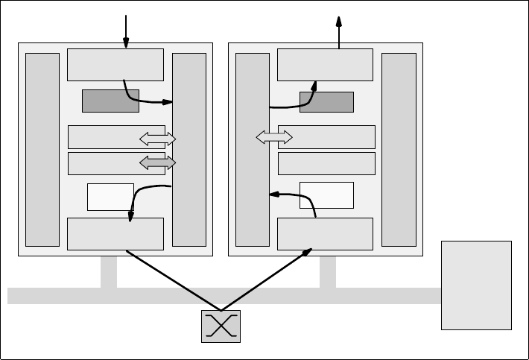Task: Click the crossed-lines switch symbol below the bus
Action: click(x=221, y=326)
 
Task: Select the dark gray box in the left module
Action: click(x=110, y=101)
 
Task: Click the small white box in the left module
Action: click(x=110, y=197)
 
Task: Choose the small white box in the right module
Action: click(x=326, y=195)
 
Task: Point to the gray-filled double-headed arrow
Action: click(x=157, y=162)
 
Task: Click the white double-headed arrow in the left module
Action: click(x=157, y=138)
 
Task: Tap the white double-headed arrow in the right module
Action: click(x=274, y=136)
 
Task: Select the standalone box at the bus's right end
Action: click(x=476, y=285)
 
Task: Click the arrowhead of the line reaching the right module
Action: click(x=308, y=252)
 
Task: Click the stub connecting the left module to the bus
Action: click(x=109, y=271)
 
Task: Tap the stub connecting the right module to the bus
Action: click(x=328, y=271)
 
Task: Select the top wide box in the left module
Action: click(x=115, y=64)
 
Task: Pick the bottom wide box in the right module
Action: click(x=325, y=234)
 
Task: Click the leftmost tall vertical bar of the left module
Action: click(x=42, y=149)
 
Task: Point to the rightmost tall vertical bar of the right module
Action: click(x=399, y=149)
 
